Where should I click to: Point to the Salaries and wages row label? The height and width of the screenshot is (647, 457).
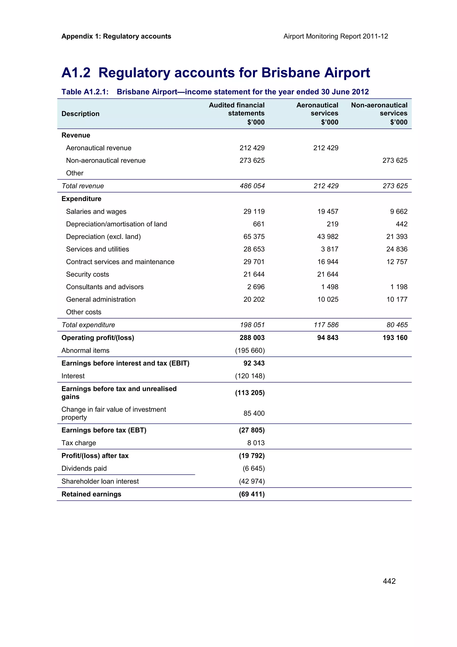(96, 212)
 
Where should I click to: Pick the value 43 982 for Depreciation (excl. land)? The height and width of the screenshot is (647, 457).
(328, 237)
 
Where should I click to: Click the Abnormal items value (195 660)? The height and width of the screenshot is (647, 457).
(250, 351)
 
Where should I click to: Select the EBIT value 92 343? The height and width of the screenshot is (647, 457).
(254, 363)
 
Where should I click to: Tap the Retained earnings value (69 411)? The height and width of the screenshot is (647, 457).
(251, 494)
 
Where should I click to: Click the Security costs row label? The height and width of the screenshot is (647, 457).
(87, 274)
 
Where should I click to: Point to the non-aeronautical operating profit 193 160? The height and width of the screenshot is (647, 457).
(395, 338)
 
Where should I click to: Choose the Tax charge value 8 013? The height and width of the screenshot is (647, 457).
(256, 443)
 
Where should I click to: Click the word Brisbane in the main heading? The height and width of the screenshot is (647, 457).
(290, 73)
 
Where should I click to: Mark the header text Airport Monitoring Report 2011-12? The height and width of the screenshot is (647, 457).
(335, 36)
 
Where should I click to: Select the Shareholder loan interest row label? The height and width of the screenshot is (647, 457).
(100, 481)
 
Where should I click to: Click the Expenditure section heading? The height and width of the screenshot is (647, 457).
(81, 199)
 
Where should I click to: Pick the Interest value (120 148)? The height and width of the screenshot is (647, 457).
(250, 376)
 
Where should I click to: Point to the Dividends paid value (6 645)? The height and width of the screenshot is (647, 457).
(253, 468)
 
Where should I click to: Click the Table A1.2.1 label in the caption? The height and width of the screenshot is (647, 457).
(85, 92)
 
